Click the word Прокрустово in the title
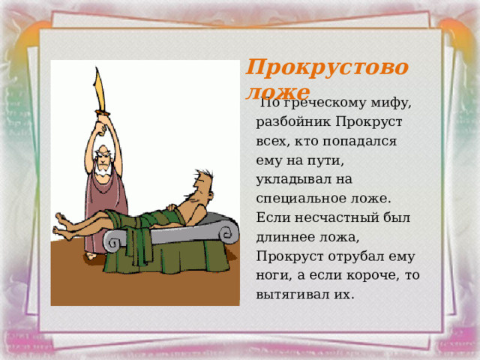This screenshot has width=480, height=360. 327,69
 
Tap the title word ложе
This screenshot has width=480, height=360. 277,92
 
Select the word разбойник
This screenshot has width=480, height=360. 297,121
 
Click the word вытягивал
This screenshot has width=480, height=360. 296,294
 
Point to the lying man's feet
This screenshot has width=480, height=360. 63,226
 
